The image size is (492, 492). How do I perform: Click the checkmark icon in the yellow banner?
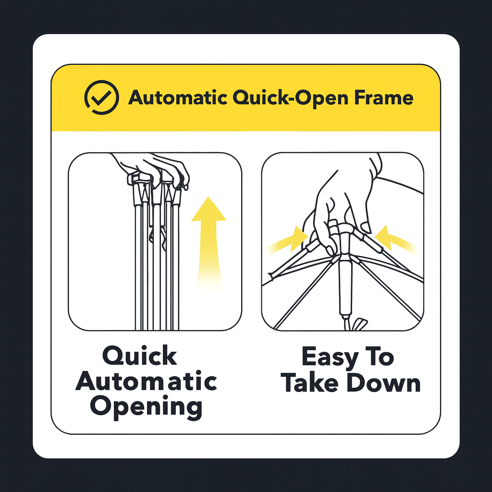coord(102,97)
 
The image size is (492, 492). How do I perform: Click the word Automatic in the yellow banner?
coord(178,98)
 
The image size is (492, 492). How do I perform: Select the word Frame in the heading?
coord(384,98)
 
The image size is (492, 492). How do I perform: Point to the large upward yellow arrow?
coord(209,245)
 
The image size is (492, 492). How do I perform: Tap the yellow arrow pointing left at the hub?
coord(395,238)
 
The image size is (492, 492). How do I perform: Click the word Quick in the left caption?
coord(140,357)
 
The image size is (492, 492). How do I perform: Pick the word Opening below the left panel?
coord(146,407)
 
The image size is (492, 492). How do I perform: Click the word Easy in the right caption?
coord(330,357)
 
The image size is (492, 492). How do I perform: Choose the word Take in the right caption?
coord(311,383)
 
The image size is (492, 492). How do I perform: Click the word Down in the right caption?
coord(384,383)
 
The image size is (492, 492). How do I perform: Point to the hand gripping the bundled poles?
coord(150,171)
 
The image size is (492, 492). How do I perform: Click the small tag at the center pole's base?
coord(359,324)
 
